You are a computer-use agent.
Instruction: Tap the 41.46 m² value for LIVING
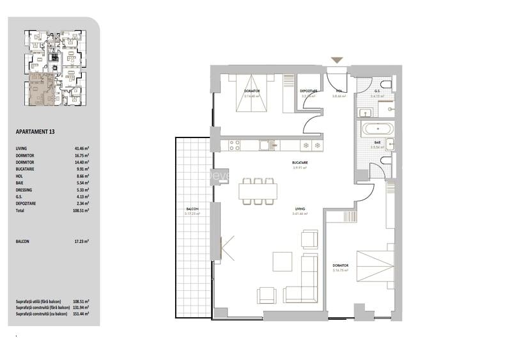(81, 148)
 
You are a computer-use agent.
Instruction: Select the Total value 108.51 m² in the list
(81, 210)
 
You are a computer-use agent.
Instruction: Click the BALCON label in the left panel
(22, 242)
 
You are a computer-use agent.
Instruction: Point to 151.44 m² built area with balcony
(81, 314)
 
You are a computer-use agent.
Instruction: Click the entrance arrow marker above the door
(337, 61)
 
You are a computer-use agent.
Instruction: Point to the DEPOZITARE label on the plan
(309, 91)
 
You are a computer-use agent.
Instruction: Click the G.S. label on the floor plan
(378, 91)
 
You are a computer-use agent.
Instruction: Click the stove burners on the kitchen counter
(232, 145)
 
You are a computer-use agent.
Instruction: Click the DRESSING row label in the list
(24, 190)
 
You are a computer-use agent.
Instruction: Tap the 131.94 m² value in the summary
(81, 308)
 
